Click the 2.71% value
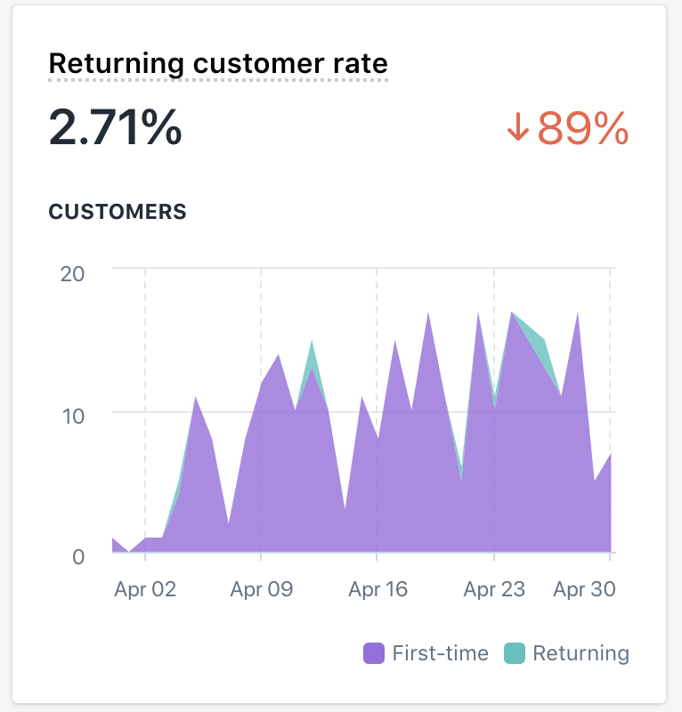click(x=115, y=128)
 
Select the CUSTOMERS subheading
click(x=118, y=212)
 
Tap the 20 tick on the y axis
click(x=72, y=272)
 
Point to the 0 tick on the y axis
click(x=78, y=556)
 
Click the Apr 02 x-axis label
click(x=145, y=589)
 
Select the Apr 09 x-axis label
click(x=261, y=589)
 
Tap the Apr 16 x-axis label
click(x=378, y=589)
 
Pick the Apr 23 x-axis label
click(x=494, y=589)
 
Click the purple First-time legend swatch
click(x=374, y=653)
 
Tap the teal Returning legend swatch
click(x=514, y=653)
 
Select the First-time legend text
click(x=440, y=653)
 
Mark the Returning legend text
click(x=581, y=653)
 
